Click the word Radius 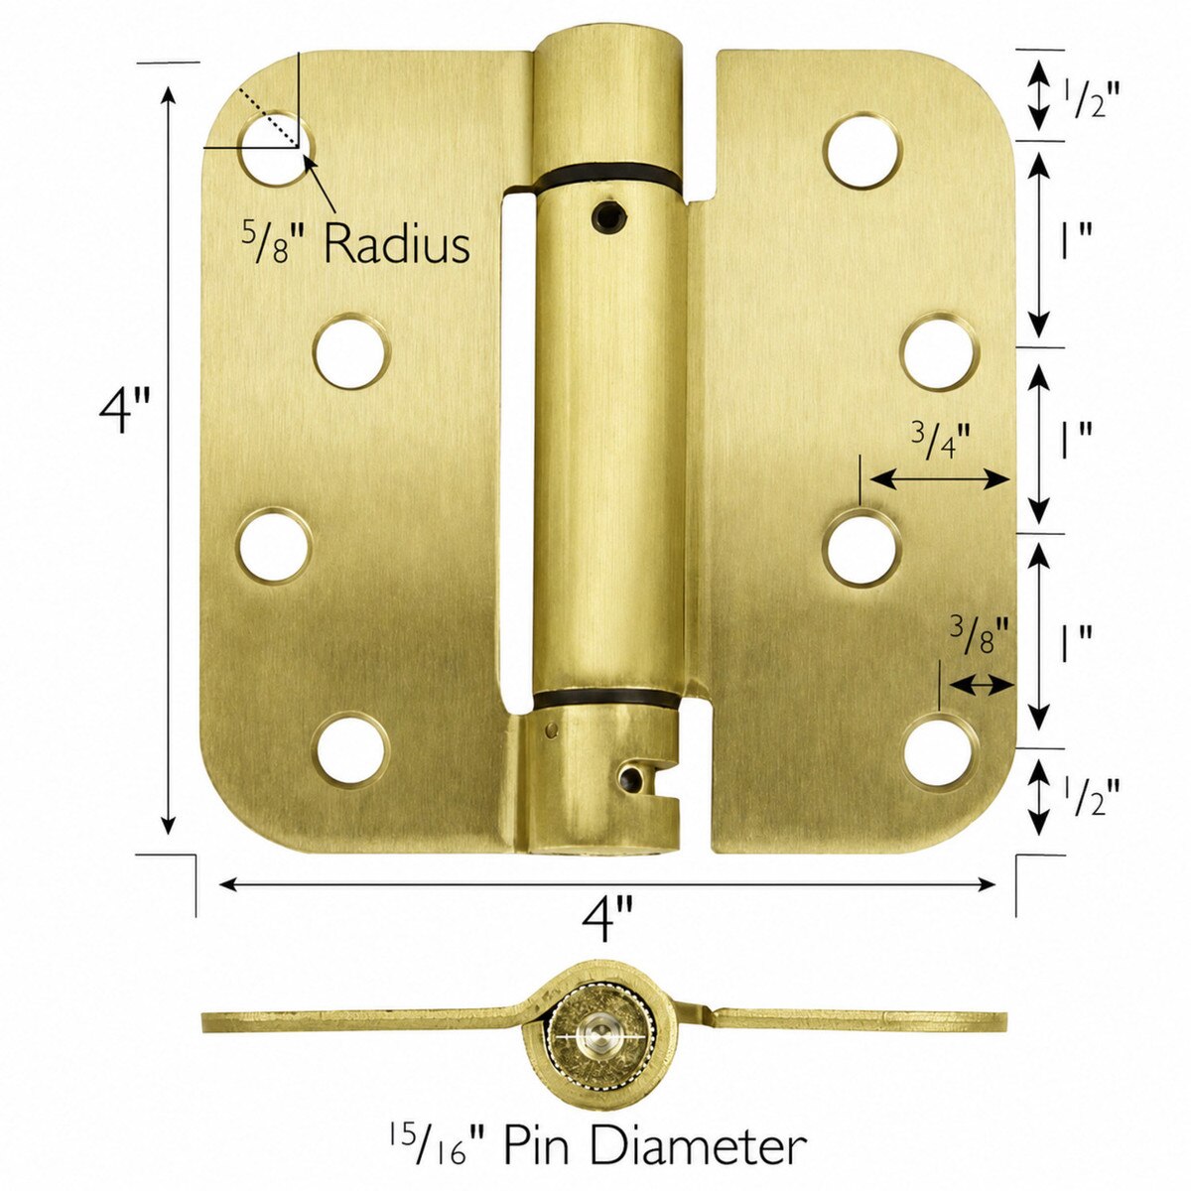click(397, 245)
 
